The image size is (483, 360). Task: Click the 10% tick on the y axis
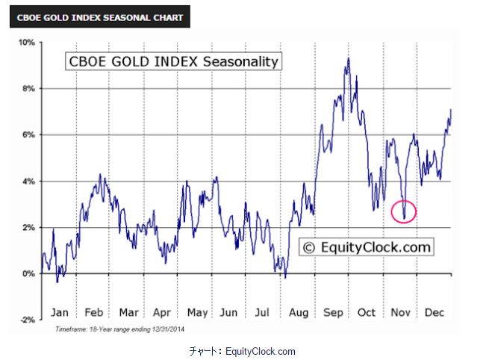(28, 43)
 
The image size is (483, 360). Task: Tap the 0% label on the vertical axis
(30, 273)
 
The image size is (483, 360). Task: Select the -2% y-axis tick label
(28, 320)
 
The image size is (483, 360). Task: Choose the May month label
(197, 312)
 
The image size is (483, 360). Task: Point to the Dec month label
(434, 312)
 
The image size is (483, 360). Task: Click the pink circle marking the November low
(404, 211)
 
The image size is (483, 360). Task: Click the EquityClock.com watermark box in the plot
(367, 247)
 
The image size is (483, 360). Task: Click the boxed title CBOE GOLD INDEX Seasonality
(173, 61)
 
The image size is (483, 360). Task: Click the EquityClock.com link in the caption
(261, 351)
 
